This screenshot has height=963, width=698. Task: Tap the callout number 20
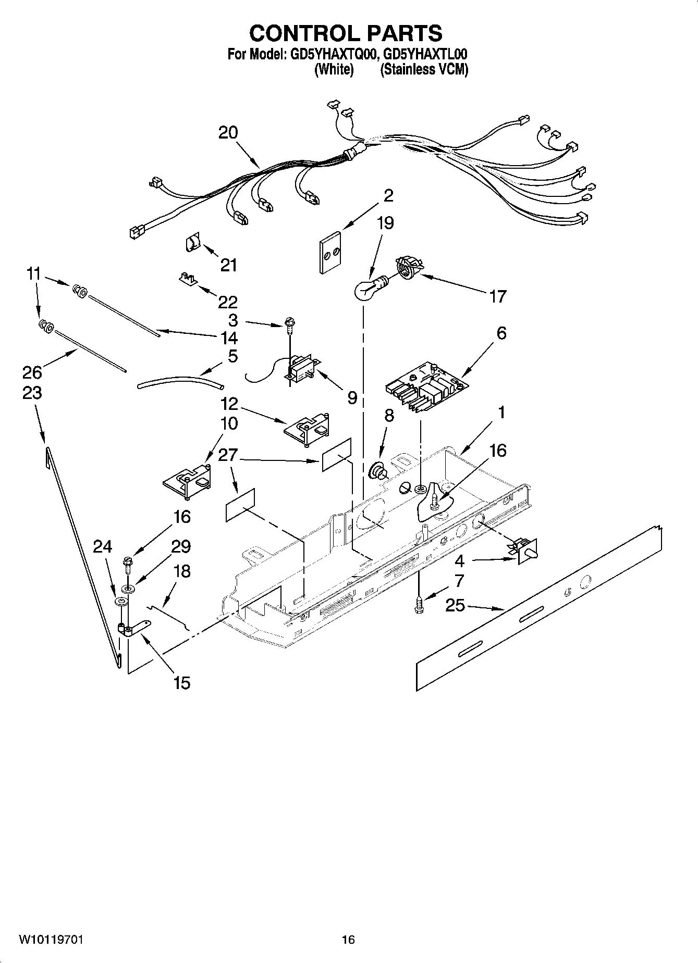(x=228, y=133)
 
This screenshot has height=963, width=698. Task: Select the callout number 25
(x=455, y=605)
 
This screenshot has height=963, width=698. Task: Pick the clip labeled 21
(x=193, y=243)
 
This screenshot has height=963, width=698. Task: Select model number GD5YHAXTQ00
(x=321, y=54)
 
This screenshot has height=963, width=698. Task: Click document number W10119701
(x=51, y=940)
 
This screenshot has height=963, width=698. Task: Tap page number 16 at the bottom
(x=348, y=940)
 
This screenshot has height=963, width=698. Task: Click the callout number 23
(x=32, y=393)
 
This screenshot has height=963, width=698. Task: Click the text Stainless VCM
(x=424, y=69)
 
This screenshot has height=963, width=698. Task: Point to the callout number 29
(x=181, y=547)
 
